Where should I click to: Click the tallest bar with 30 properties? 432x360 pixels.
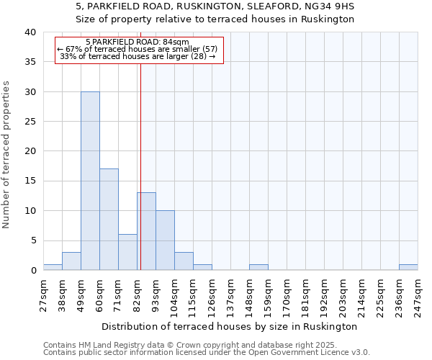pos(90,181)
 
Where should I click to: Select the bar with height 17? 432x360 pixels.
pos(109,220)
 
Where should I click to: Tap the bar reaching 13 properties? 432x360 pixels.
pos(146,231)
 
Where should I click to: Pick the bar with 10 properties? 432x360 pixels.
pos(165,240)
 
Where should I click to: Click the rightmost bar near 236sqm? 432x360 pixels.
pos(408,267)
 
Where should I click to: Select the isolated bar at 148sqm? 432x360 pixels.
pos(258,267)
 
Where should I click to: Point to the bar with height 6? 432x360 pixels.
pos(127,252)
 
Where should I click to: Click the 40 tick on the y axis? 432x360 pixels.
pos(30,32)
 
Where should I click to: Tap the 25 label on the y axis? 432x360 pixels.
pos(30,122)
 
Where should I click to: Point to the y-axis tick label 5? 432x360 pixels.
pos(32,240)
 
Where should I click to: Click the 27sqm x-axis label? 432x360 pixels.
pos(44,294)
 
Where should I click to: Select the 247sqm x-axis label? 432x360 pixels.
pos(418,294)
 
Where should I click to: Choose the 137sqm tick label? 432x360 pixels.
pos(231,294)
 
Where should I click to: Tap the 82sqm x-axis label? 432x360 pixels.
pos(138,294)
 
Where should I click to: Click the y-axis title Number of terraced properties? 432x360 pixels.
pos(7,154)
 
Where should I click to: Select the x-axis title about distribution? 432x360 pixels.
pos(230,326)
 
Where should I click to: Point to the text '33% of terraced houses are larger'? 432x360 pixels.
pos(137,56)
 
